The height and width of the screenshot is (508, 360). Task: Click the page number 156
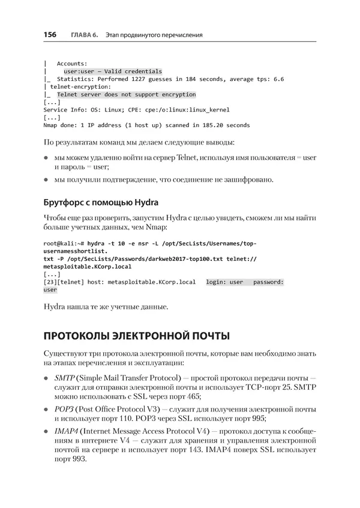click(50, 35)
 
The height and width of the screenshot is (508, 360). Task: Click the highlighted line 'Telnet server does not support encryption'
click(126, 94)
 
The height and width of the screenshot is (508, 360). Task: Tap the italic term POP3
click(64, 408)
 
